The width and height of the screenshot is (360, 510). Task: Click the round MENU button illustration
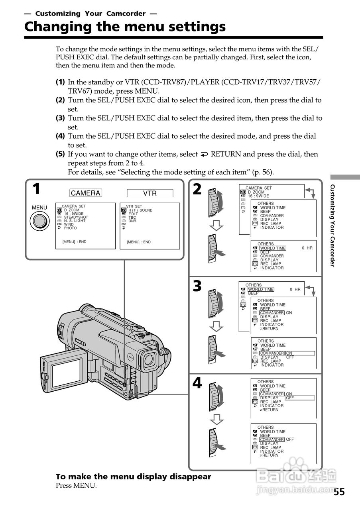click(39, 221)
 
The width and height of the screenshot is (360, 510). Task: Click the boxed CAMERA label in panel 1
click(85, 193)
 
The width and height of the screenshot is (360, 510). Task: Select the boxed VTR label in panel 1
click(150, 193)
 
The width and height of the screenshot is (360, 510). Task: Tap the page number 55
click(339, 491)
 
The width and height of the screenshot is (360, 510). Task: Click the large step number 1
click(36, 189)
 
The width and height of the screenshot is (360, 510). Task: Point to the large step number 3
click(197, 286)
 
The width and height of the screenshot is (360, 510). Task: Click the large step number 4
click(197, 383)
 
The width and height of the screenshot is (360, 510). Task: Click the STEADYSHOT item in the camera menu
click(76, 217)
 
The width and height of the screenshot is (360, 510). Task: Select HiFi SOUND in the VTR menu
click(140, 210)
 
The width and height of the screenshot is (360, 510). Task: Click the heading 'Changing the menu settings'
click(125, 27)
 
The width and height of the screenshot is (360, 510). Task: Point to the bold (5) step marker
click(60, 154)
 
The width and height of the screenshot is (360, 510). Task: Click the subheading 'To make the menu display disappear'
click(133, 477)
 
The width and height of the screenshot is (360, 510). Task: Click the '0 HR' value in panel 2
click(307, 248)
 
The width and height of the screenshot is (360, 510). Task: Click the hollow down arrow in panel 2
click(216, 226)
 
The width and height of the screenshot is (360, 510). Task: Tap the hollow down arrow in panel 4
click(216, 419)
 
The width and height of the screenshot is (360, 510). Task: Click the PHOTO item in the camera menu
click(70, 228)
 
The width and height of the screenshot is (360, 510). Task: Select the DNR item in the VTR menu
click(132, 221)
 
